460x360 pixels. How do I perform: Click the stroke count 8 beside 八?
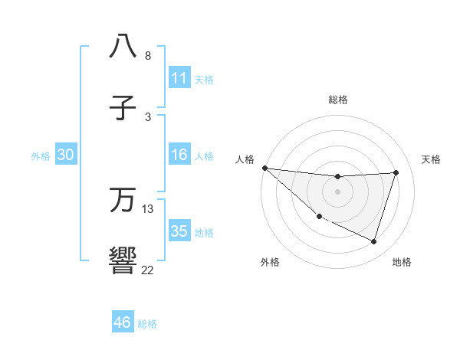pyautogui.click(x=148, y=56)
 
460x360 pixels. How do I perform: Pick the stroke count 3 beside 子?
pyautogui.click(x=148, y=116)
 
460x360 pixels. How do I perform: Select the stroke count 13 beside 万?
pyautogui.click(x=148, y=208)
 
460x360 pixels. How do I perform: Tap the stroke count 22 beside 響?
pyautogui.click(x=148, y=270)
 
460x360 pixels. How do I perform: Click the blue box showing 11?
pyautogui.click(x=179, y=78)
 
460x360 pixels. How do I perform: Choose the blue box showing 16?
pyautogui.click(x=179, y=155)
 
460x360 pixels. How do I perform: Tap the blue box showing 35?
pyautogui.click(x=179, y=231)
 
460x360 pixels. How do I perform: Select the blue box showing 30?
pyautogui.click(x=65, y=155)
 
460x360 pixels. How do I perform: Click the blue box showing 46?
pyautogui.click(x=123, y=322)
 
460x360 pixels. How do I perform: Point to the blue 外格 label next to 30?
pyautogui.click(x=41, y=156)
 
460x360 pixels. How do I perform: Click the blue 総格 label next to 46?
pyautogui.click(x=147, y=324)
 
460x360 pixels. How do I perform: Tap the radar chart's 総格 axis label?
pyautogui.click(x=337, y=100)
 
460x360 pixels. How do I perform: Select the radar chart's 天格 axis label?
pyautogui.click(x=431, y=159)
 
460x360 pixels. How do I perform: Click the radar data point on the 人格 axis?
pyautogui.click(x=264, y=168)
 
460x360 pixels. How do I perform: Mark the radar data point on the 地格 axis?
pyautogui.click(x=374, y=241)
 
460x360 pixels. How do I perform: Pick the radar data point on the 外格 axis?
pyautogui.click(x=319, y=217)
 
